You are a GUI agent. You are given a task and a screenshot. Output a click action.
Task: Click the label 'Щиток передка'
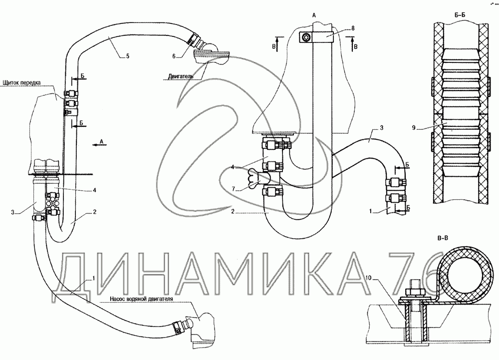point(21,82)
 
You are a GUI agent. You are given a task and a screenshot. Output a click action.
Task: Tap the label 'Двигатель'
point(181,77)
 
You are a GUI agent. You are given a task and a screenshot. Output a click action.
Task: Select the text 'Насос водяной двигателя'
point(141,299)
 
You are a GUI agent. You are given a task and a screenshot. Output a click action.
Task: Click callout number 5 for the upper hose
point(128,56)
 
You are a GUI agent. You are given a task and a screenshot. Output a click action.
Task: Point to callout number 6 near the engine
point(174,56)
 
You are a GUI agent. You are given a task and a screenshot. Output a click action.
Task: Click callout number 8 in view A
point(353,28)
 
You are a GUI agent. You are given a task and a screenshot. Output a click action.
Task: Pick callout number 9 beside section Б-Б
point(414,128)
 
